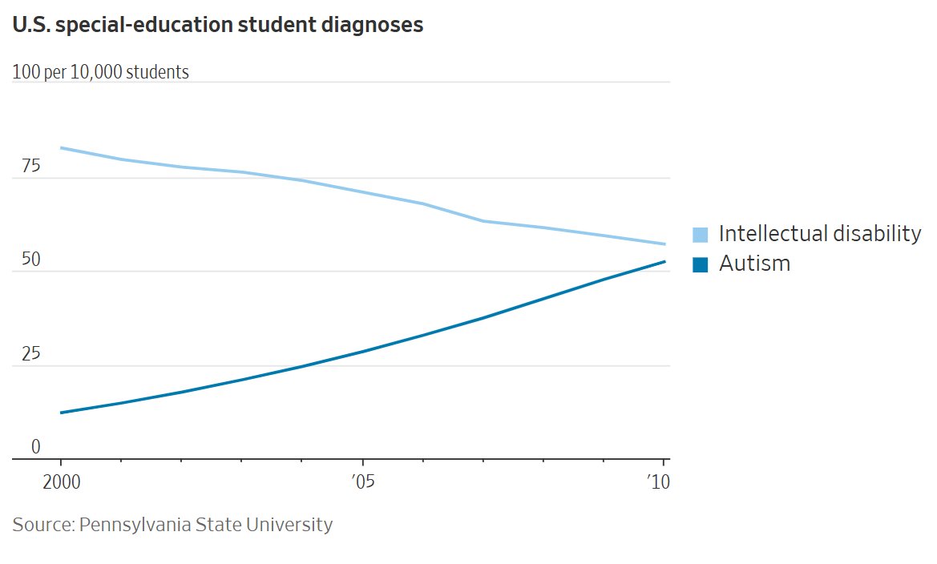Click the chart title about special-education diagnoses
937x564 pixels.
point(217,26)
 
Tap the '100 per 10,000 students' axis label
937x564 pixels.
point(101,72)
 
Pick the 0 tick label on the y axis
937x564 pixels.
point(35,447)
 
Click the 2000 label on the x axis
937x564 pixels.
point(61,482)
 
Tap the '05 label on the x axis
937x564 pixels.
point(363,482)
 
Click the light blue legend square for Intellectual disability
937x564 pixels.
point(701,235)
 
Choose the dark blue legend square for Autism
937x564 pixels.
point(701,264)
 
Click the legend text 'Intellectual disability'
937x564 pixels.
point(820,234)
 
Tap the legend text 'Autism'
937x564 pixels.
point(754,264)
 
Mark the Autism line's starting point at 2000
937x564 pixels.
point(61,413)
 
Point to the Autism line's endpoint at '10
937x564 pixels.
point(664,262)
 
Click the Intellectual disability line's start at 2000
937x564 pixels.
point(61,147)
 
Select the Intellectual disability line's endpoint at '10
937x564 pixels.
point(664,244)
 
